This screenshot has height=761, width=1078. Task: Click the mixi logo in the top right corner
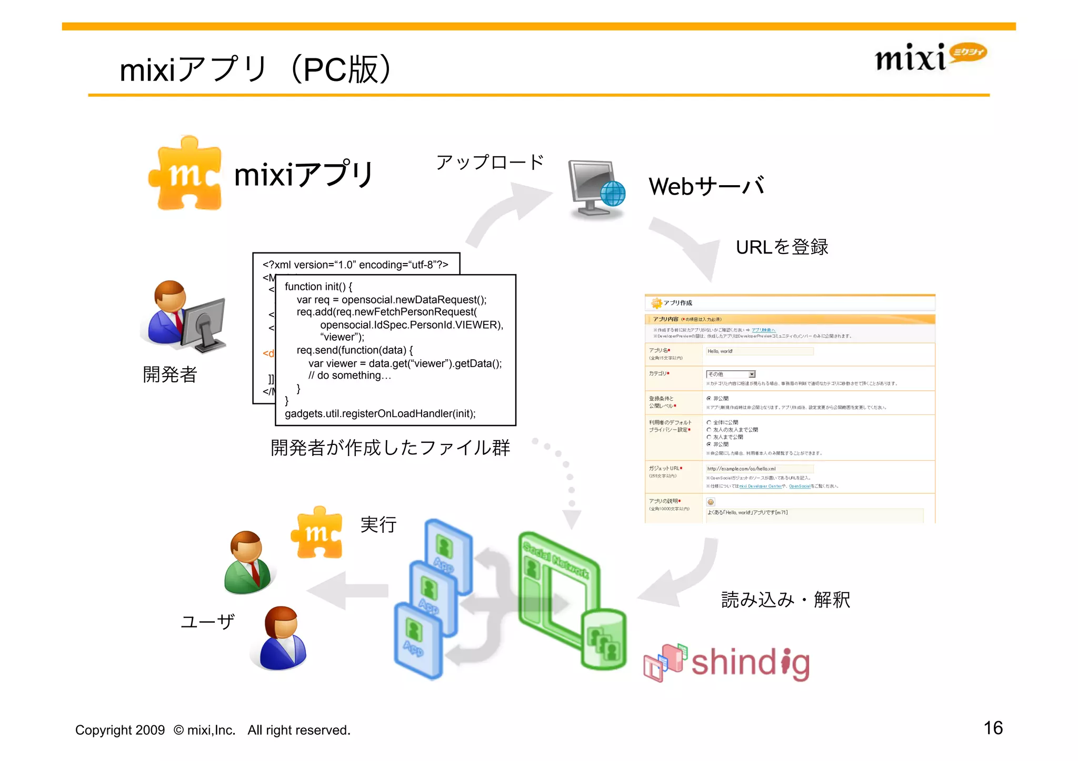pos(930,57)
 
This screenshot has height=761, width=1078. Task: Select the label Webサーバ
pos(706,186)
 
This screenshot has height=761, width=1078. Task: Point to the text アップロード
pos(490,162)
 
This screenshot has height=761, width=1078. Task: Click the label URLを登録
pos(782,247)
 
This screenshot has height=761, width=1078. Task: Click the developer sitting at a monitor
pos(184,316)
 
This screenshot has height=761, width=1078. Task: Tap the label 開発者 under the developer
pos(169,374)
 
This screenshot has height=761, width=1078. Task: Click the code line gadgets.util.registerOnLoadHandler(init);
pos(380,413)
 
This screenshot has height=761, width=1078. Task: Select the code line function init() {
pos(318,287)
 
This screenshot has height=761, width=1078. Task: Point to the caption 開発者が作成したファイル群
pos(390,448)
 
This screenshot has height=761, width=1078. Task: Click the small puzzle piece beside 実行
pos(317,532)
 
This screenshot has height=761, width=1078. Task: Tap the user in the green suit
pos(247,562)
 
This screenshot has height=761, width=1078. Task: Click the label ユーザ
pos(207,622)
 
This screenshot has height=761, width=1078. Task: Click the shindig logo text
pos(750,662)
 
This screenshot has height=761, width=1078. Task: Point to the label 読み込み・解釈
pos(785,600)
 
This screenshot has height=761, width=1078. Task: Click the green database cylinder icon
pos(604,638)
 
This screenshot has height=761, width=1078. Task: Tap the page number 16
pos(993,728)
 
